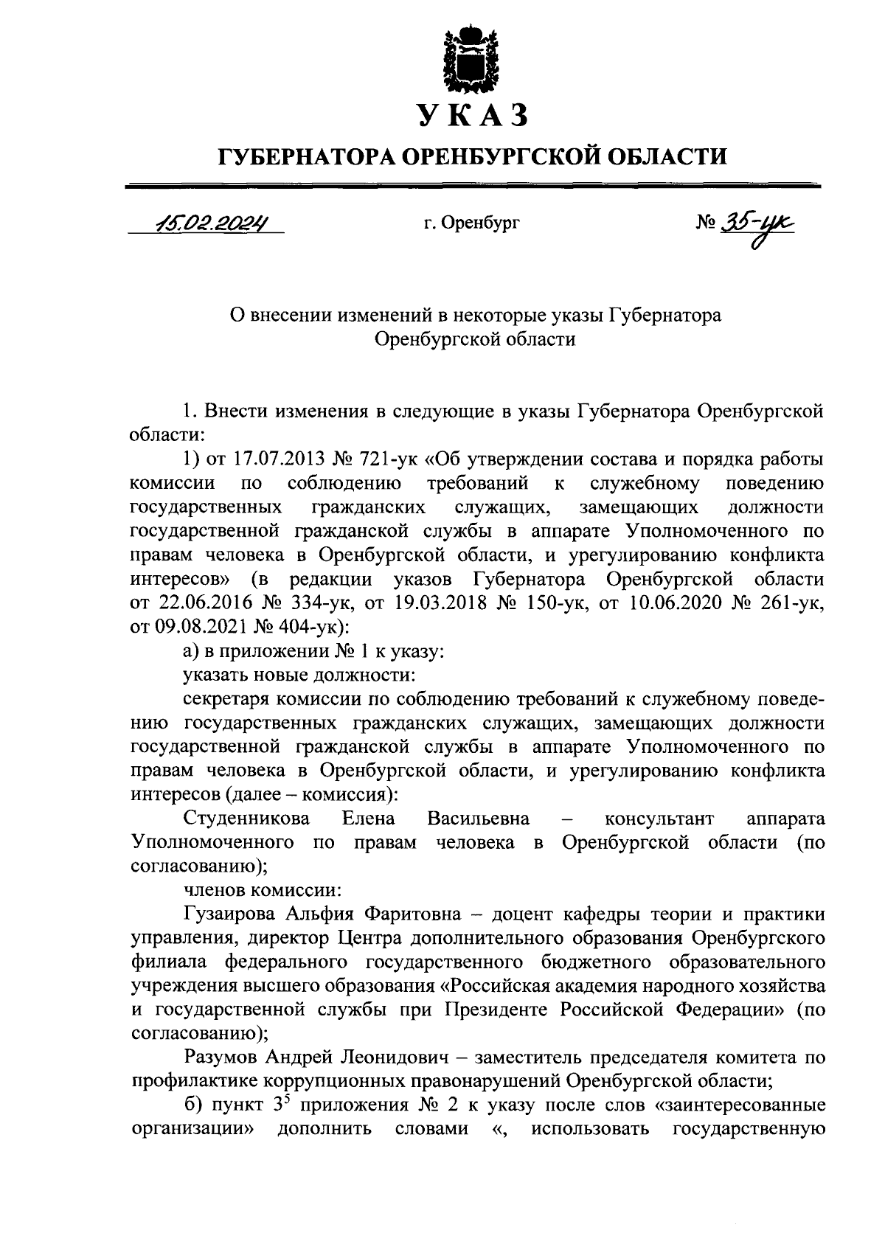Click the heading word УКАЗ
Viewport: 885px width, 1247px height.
pyautogui.click(x=473, y=116)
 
